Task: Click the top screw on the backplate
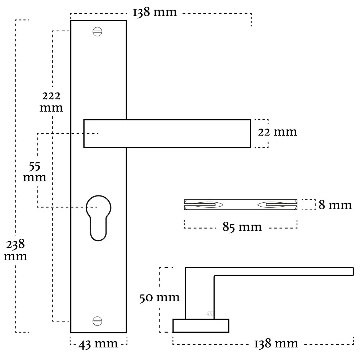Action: (x=97, y=32)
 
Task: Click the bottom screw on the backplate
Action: (x=97, y=321)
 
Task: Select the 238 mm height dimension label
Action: (x=15, y=250)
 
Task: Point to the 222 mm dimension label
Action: (x=51, y=102)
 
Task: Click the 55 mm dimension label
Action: (x=35, y=172)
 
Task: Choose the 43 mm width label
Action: (x=98, y=344)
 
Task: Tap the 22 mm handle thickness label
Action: (x=277, y=132)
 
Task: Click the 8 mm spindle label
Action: (x=335, y=205)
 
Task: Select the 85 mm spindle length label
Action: (x=242, y=227)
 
